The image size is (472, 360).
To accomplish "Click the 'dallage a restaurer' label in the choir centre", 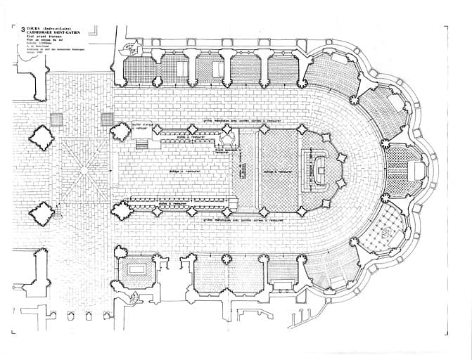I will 184,171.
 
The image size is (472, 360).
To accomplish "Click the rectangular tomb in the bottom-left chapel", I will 136,269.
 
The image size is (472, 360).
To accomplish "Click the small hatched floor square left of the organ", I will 107,120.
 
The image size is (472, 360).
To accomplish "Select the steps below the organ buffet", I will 141,145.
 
